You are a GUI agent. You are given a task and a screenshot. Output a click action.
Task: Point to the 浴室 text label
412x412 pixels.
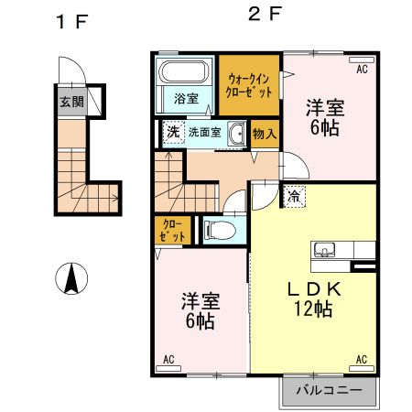(186, 98)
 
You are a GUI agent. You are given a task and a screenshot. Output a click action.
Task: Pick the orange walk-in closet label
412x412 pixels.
(248, 86)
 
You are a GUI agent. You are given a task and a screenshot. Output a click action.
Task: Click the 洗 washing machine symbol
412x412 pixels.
(173, 134)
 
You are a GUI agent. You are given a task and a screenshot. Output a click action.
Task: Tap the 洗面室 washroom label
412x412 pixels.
(204, 134)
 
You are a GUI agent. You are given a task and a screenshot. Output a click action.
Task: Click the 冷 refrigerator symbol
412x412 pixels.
(295, 195)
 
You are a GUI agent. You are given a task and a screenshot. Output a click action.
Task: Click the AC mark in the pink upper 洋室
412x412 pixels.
(362, 69)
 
